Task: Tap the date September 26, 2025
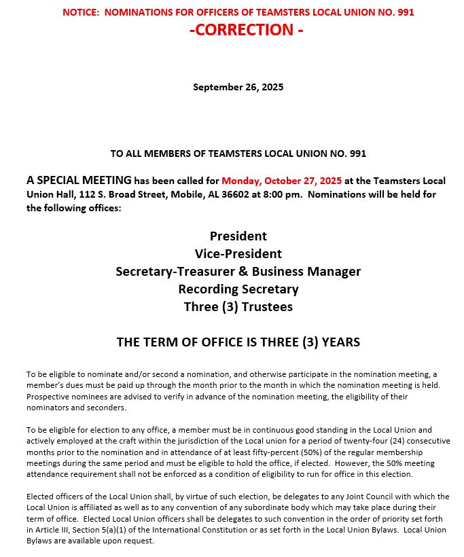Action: [238, 87]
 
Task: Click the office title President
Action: [238, 236]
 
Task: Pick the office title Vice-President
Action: [238, 253]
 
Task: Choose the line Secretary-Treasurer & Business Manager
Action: [238, 271]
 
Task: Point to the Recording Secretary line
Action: [238, 289]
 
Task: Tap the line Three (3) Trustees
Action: [238, 306]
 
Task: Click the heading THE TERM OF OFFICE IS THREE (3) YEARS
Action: [238, 342]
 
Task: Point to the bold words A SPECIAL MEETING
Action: [79, 181]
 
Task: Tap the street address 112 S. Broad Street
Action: [115, 194]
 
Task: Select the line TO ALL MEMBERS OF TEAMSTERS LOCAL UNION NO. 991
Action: [238, 154]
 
